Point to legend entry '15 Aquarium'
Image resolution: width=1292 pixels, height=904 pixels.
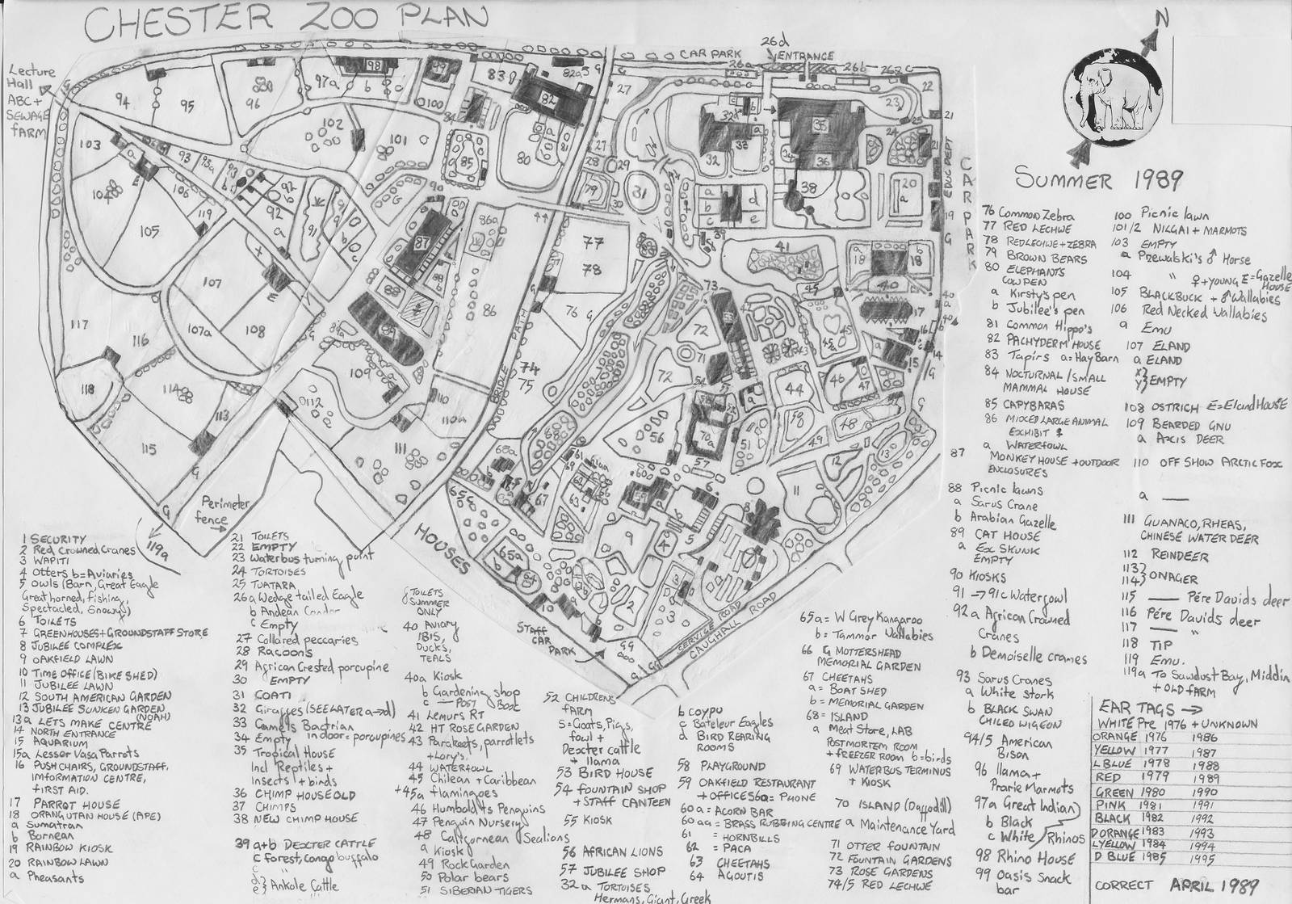pos(61,742)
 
